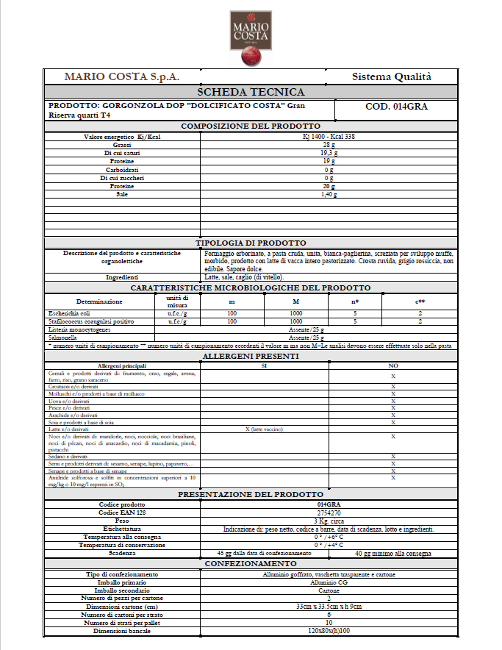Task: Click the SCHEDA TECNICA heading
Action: (251, 92)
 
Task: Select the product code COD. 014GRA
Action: (396, 107)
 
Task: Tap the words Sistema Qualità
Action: (392, 76)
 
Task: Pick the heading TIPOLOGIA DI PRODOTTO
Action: (251, 243)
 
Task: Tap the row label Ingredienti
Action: (122, 277)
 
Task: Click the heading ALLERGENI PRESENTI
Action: (251, 357)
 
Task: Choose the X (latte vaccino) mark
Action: (264, 429)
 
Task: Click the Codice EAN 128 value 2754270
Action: (328, 512)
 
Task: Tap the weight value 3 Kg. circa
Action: (328, 520)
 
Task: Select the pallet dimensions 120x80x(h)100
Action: (328, 632)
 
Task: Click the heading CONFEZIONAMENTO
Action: (251, 563)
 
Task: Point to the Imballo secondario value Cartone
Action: (328, 590)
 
